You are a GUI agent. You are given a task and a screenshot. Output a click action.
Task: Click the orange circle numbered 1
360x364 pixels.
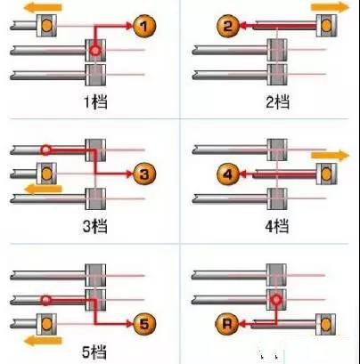[144, 27]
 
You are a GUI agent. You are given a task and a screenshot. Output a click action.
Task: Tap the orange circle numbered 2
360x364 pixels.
[228, 26]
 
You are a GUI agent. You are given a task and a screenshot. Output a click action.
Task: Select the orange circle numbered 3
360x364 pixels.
[144, 174]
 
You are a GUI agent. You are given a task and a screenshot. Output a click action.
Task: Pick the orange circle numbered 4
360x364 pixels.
[228, 174]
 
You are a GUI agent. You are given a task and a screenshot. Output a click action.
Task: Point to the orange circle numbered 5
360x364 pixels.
[144, 324]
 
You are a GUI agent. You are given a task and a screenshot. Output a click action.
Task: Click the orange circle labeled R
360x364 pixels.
[226, 324]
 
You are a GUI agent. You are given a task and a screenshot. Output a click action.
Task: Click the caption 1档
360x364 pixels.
[95, 102]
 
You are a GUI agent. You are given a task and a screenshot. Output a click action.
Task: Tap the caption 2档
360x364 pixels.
[277, 102]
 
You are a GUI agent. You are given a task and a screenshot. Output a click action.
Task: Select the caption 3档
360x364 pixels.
[94, 227]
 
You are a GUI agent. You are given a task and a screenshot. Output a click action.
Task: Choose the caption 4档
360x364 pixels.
[277, 227]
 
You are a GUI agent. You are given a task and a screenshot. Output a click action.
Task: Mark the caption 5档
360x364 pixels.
[94, 352]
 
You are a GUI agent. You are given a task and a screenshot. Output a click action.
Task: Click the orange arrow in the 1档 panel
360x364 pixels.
[43, 7]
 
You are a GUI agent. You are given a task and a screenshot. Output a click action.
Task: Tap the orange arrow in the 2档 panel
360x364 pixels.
[330, 7]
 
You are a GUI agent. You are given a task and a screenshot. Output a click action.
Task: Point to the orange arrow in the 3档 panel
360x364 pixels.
[44, 189]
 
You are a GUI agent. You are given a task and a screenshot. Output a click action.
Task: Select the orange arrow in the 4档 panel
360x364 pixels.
[330, 156]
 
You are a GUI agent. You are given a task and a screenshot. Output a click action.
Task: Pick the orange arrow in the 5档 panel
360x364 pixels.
[43, 341]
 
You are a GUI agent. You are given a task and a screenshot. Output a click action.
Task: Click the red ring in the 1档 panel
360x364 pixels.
[95, 51]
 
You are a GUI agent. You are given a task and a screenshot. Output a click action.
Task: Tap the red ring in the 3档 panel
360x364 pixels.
[45, 150]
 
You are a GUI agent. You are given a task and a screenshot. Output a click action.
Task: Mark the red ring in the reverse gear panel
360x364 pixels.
[276, 300]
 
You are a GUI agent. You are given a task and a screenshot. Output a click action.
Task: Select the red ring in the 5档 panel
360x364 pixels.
[45, 301]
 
